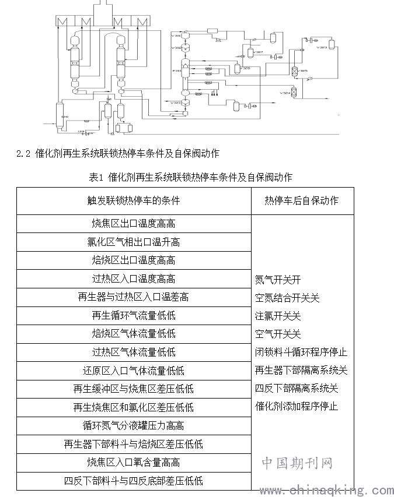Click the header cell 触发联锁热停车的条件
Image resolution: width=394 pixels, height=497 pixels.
point(133,200)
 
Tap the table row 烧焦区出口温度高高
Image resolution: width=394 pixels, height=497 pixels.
point(133,224)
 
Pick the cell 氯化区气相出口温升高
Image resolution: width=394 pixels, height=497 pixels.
point(133,242)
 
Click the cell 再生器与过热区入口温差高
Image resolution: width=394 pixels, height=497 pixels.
point(133,297)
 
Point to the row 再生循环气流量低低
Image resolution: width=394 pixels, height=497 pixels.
point(133,316)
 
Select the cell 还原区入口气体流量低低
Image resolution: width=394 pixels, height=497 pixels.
point(133,371)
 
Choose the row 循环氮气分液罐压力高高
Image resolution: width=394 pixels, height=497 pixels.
point(133,426)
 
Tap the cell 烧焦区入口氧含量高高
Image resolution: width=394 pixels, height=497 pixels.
point(133,463)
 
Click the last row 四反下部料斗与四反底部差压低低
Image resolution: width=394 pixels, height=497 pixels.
point(133,481)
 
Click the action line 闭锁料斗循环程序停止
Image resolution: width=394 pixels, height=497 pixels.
point(301,352)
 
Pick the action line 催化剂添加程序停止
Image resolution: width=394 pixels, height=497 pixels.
point(296,406)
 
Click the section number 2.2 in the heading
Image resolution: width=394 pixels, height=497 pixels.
point(23,154)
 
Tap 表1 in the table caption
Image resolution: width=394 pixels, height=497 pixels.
point(96,177)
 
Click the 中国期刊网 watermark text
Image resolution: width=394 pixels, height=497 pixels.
point(297,463)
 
